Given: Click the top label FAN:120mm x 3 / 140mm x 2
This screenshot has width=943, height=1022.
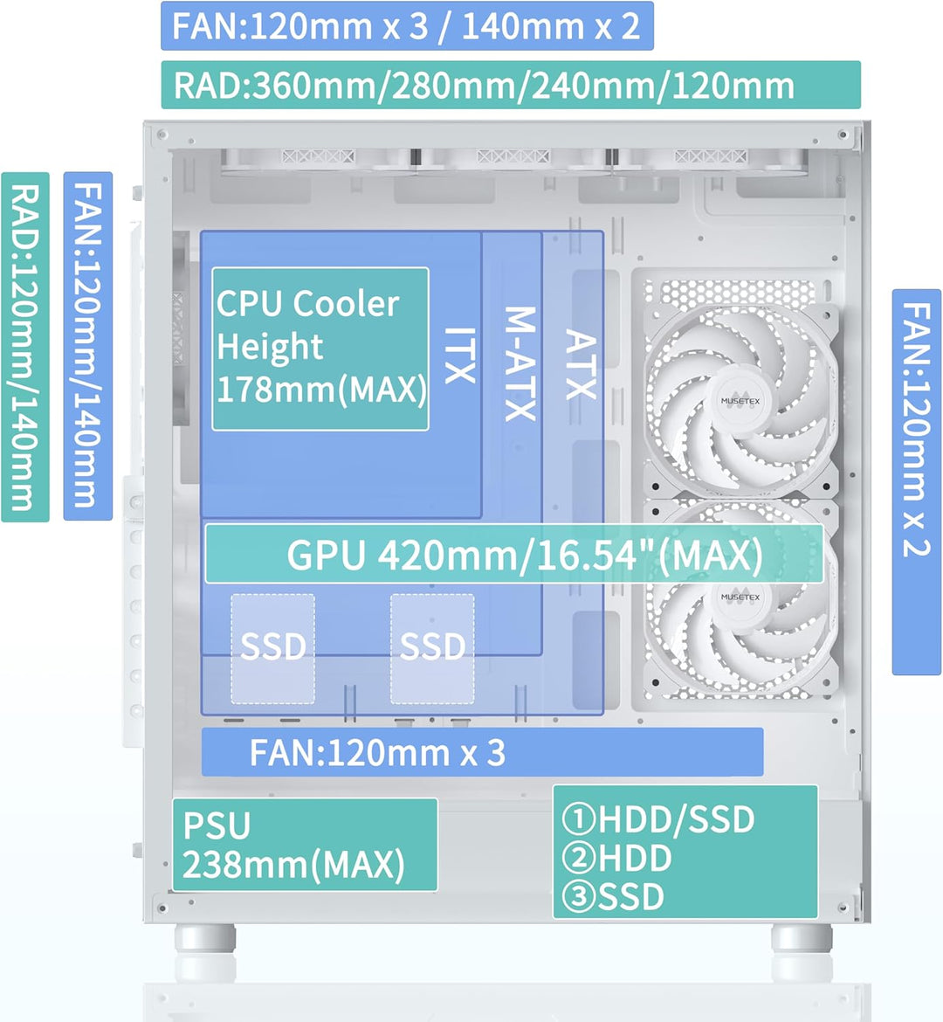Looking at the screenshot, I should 407,26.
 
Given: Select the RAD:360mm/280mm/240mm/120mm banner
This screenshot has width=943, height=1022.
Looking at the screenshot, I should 511,86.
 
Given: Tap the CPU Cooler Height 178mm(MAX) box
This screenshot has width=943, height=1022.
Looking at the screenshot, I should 320,349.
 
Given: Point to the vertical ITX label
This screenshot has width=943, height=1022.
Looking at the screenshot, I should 460,356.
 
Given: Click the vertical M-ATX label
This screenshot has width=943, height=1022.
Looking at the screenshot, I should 520,363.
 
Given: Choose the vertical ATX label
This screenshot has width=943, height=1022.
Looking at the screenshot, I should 580,364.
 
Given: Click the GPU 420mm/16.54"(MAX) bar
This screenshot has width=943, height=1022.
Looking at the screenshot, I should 513,555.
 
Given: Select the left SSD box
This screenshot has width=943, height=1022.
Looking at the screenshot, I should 272,648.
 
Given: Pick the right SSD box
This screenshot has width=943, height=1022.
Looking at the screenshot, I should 432,648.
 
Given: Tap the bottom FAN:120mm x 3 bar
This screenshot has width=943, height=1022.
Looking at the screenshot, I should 482,752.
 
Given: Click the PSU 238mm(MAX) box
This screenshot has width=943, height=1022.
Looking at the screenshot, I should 305,845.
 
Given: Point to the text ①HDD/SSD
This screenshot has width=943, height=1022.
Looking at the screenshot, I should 658,819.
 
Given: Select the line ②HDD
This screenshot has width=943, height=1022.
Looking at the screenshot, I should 616,859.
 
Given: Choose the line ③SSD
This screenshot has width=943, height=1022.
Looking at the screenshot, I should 613,897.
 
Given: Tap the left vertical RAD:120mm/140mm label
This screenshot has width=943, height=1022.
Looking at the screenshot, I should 25,347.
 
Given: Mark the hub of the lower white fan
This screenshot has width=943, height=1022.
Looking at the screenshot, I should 740,597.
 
